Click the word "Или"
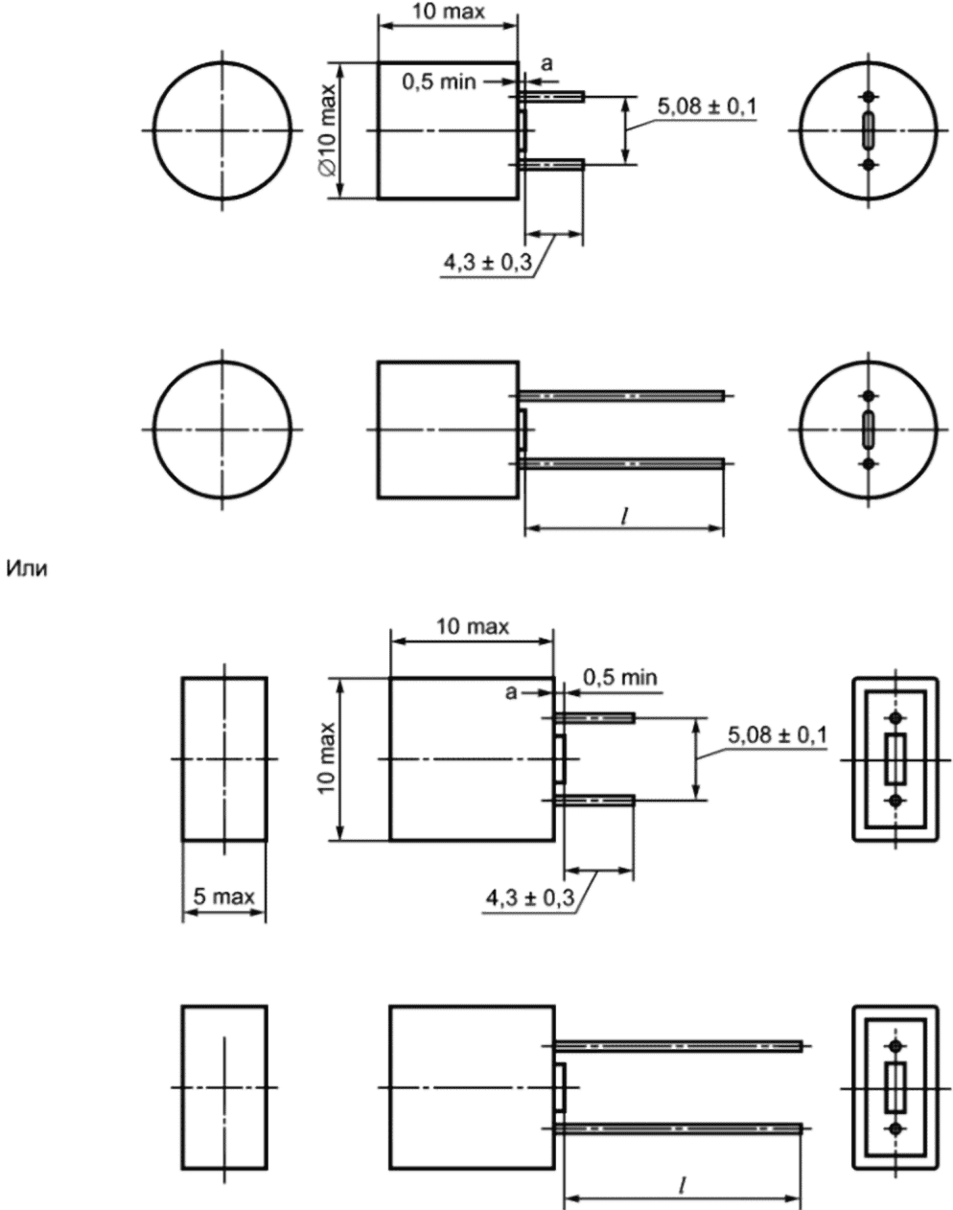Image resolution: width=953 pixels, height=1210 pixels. click(x=27, y=570)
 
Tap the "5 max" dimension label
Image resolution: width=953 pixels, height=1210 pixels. click(x=223, y=896)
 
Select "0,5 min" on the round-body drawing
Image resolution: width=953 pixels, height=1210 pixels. click(x=438, y=82)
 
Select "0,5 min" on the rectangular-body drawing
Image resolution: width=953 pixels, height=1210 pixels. click(x=619, y=677)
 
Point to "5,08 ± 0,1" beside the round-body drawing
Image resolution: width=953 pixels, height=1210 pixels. click(x=708, y=106)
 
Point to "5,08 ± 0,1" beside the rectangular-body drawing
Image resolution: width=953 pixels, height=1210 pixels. click(x=777, y=734)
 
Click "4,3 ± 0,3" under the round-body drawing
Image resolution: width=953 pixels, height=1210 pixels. click(x=487, y=262)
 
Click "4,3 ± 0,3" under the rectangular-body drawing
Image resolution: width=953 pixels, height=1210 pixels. click(x=530, y=898)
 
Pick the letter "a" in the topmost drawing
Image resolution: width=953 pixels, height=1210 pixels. click(x=546, y=64)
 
